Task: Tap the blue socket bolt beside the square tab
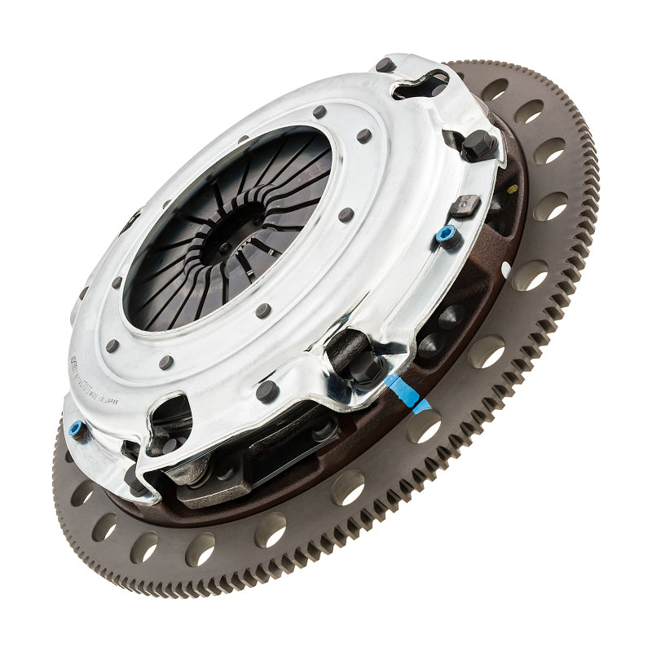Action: point(446,235)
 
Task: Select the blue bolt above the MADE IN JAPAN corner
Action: point(76,427)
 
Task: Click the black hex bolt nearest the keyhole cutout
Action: point(478,145)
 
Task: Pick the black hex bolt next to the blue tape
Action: point(364,368)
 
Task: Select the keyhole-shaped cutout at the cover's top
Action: point(424,84)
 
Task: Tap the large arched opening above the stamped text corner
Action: point(170,417)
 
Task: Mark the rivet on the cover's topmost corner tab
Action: point(385,64)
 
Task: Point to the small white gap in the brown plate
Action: point(505,268)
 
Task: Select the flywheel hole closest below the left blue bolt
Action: point(81,492)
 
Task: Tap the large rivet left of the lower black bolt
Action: point(266,391)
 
